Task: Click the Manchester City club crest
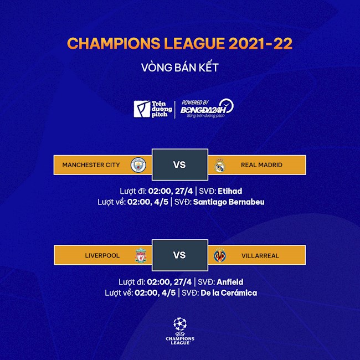coord(137,164)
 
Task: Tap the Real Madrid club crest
coord(221,164)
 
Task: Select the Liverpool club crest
coord(141,256)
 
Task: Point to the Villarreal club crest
coord(220,256)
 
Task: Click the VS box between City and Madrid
coord(179,164)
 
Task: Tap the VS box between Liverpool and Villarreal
coord(179,255)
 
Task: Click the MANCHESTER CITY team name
coord(91,165)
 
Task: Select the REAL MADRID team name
coord(261,165)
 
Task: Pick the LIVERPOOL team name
coord(102,256)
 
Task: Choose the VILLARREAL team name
coord(260,256)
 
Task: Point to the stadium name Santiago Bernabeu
coord(229,202)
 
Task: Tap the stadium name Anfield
coord(229,282)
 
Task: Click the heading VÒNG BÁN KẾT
coord(180,68)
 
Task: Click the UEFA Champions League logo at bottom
coord(180,331)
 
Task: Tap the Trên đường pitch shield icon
coord(141,109)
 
